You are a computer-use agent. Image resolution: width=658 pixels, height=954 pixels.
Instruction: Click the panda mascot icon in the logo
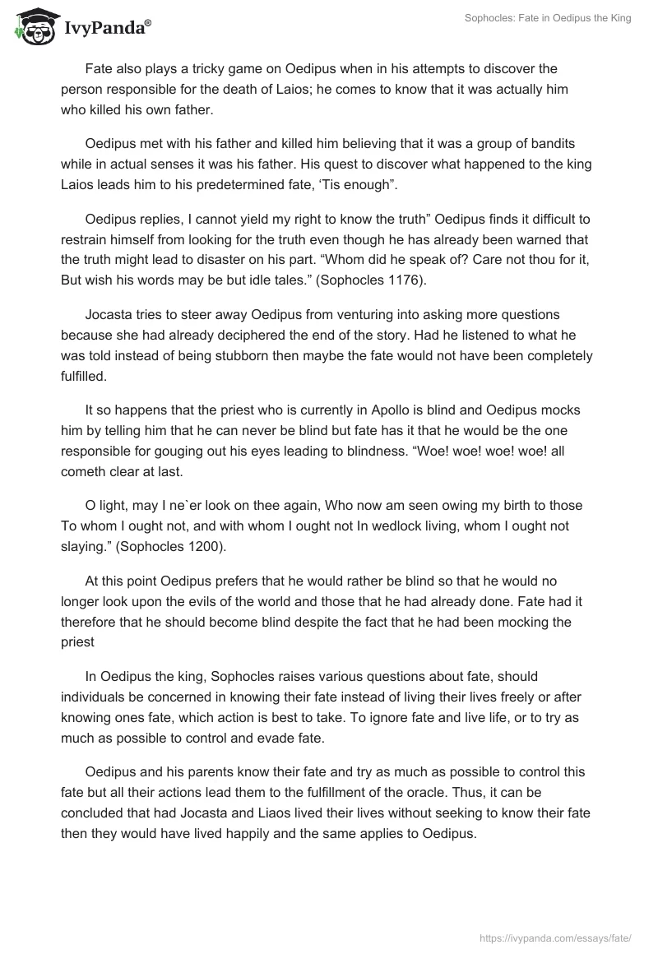(x=31, y=25)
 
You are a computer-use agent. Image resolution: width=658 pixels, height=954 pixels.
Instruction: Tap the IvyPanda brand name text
(x=107, y=27)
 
